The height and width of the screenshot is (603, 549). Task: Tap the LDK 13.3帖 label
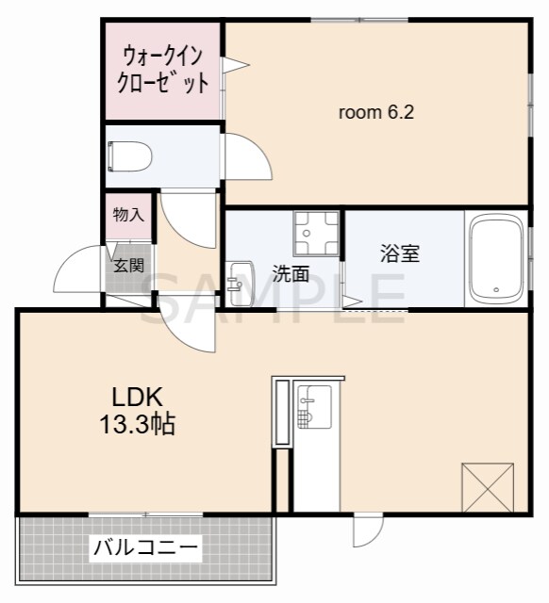(x=138, y=411)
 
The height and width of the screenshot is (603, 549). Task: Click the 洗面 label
(x=291, y=274)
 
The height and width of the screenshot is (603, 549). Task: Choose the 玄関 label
(x=128, y=266)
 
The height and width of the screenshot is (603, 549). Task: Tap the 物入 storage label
(x=127, y=215)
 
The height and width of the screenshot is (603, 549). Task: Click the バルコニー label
(x=145, y=546)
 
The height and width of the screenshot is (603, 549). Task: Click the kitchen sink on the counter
(x=312, y=406)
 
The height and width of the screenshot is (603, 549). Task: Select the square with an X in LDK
(x=488, y=488)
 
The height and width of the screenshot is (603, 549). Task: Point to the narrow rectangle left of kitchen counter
(x=280, y=413)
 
